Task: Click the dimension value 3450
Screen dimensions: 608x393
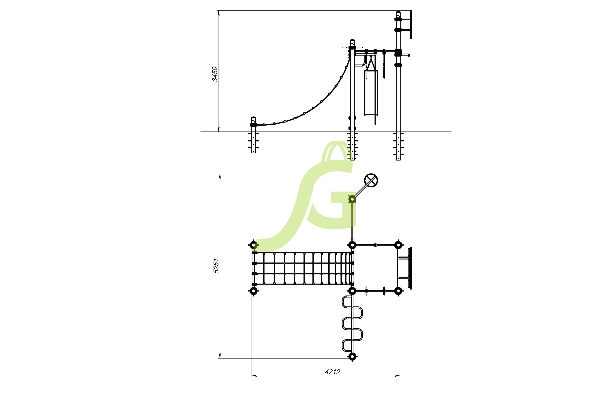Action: coord(215,74)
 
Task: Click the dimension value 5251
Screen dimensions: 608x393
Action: coord(216,266)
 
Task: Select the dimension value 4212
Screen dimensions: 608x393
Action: coord(332,372)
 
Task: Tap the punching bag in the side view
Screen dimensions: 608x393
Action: coord(371,93)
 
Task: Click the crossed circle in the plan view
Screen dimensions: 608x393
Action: coord(371,180)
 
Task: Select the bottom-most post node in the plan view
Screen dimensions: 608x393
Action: coord(352,357)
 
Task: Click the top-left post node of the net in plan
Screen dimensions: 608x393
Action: coord(253,245)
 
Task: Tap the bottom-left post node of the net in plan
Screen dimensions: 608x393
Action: coord(253,291)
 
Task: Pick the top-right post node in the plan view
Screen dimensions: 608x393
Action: coord(398,245)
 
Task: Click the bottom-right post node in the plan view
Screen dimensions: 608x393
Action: coord(398,291)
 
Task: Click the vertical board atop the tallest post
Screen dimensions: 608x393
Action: coord(411,25)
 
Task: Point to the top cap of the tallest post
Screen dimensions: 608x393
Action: coord(398,12)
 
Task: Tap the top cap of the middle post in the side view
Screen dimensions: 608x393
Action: coord(352,41)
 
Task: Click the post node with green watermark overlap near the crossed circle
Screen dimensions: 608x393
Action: coord(352,199)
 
